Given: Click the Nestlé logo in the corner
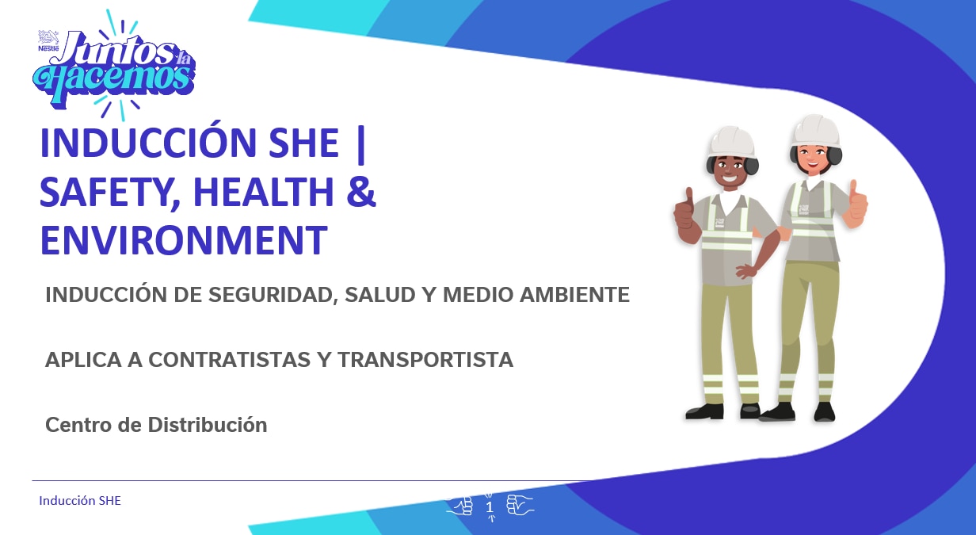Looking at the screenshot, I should click(48, 41).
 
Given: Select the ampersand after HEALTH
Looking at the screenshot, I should click(361, 192).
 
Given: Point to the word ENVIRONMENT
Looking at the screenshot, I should click(183, 240).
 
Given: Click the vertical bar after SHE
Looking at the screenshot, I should click(362, 143).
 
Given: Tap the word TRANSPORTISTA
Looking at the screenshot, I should click(425, 360).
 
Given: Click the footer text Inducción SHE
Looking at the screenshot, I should click(80, 501).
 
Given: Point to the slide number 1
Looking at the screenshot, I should click(490, 506).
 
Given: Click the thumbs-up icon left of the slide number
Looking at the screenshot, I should click(461, 505).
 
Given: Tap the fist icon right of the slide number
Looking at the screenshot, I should click(519, 505).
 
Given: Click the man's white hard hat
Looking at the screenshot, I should click(730, 140).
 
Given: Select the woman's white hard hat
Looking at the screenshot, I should click(815, 130).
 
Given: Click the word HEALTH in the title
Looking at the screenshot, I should click(265, 192).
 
